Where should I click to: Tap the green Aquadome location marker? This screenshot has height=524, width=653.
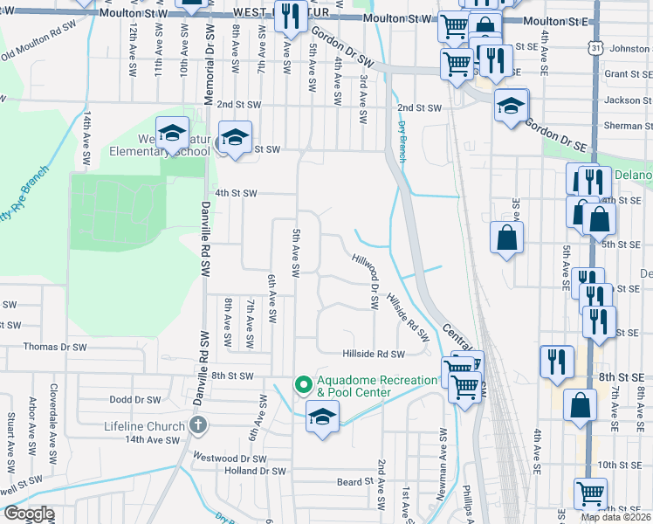coord(304,383)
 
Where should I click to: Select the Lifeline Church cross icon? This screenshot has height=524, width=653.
coord(198,425)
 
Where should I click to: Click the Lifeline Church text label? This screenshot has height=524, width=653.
coord(144,425)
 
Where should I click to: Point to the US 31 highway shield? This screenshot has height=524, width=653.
coord(595,49)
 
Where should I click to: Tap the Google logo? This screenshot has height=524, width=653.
coord(28,514)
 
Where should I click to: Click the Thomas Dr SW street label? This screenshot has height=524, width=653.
coord(56,347)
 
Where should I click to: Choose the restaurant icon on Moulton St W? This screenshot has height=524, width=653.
coord(289,15)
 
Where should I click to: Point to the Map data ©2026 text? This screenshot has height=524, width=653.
coord(615,517)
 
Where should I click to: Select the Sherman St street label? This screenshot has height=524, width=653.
coord(622,126)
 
